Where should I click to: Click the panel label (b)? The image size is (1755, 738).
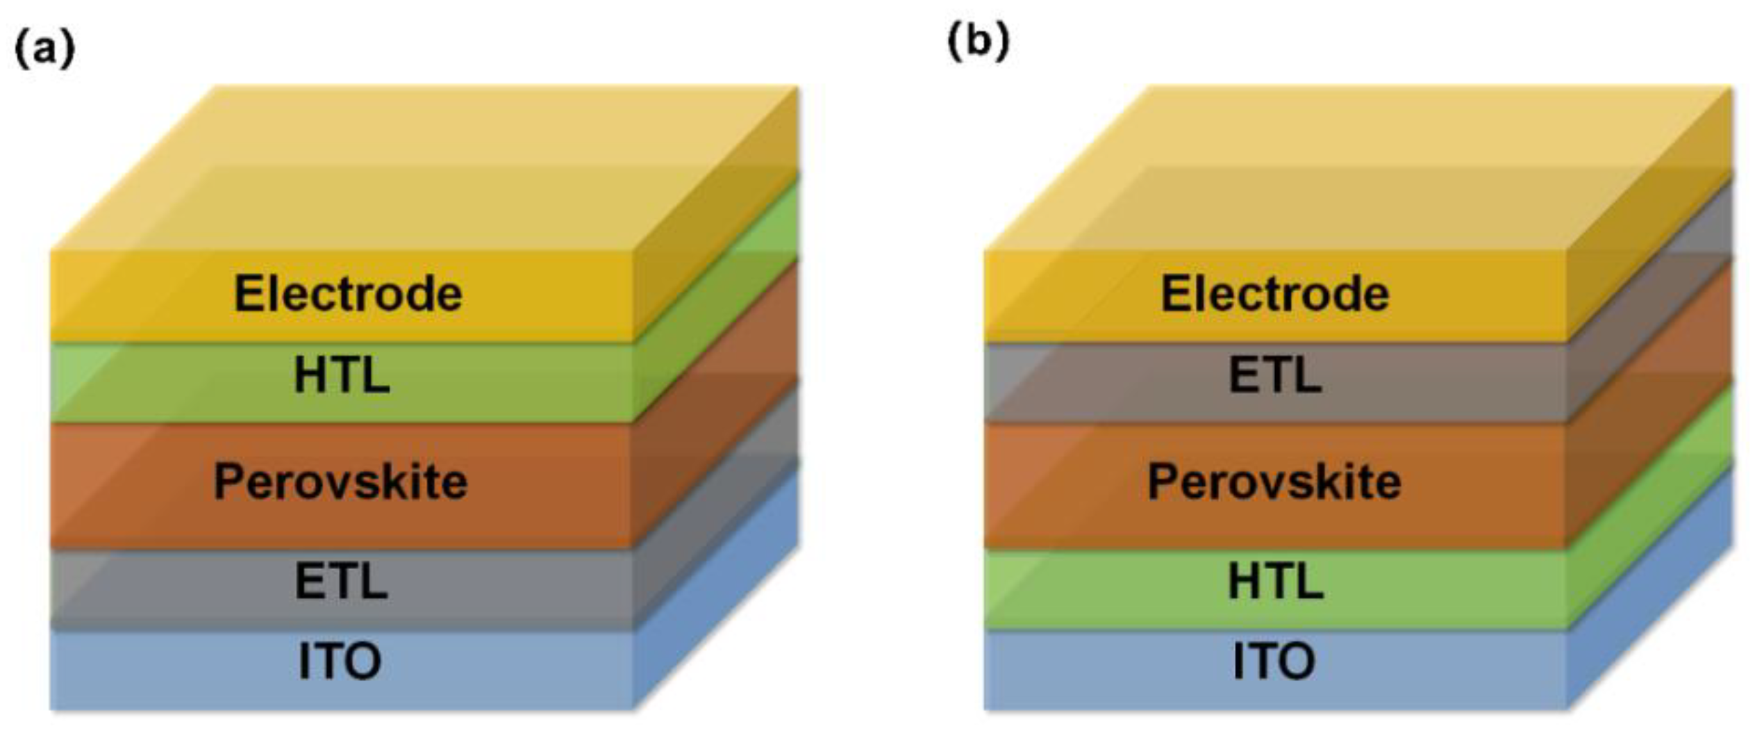[978, 43]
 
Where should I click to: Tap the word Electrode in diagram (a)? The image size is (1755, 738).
[348, 294]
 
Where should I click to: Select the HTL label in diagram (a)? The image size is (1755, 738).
[342, 376]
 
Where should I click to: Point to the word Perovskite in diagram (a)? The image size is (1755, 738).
[340, 482]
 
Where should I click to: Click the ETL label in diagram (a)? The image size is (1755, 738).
[341, 582]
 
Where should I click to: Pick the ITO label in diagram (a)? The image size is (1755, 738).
[340, 662]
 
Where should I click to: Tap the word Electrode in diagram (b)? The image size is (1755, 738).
[1275, 294]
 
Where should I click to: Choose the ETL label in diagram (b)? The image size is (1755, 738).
[1275, 376]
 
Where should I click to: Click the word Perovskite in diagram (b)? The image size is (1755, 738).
[1274, 482]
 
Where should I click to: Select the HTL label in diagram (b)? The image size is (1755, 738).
[1276, 582]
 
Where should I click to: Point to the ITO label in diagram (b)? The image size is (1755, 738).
[1274, 662]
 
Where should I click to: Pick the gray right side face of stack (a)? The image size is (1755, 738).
[715, 500]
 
